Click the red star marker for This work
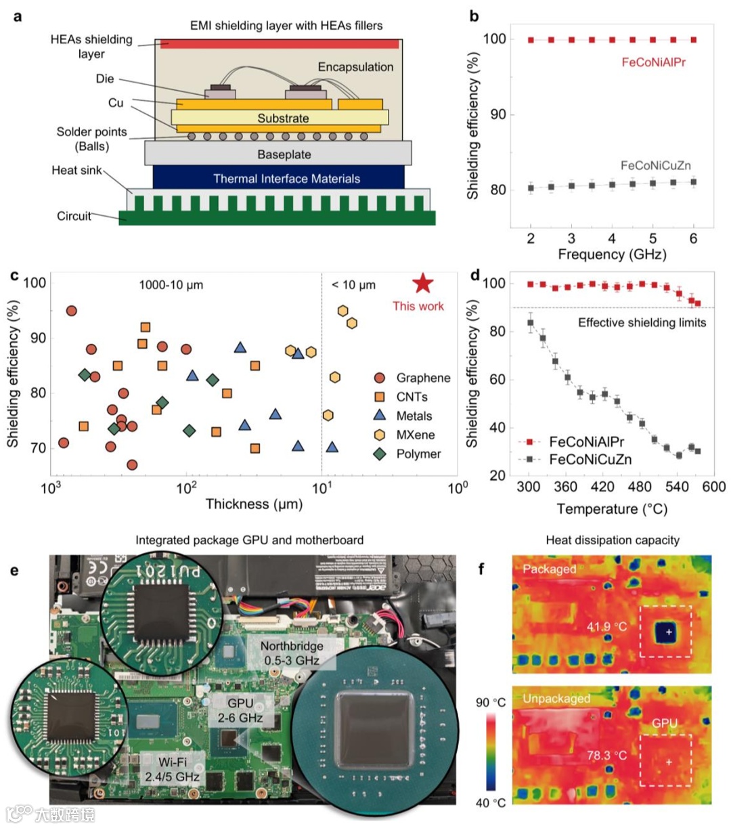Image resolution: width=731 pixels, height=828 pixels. click(423, 284)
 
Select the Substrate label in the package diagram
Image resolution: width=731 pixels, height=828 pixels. click(283, 118)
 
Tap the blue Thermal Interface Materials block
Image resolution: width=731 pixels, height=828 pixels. click(279, 179)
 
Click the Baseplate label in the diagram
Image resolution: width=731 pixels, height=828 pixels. click(284, 154)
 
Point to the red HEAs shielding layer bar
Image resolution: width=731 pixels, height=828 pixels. click(279, 44)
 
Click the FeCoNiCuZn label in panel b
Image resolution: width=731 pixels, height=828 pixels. click(655, 165)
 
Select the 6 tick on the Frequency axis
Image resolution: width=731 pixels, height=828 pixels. click(693, 238)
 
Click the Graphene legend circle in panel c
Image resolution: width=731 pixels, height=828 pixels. click(380, 378)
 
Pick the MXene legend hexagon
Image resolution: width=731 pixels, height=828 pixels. click(380, 435)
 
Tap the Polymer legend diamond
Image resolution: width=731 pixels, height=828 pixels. click(380, 454)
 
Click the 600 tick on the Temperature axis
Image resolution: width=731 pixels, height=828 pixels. click(713, 487)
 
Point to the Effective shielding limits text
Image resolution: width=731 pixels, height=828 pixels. click(642, 322)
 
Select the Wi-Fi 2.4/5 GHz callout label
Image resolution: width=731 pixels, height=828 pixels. click(172, 769)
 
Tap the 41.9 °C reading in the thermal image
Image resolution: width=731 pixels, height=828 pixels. click(606, 627)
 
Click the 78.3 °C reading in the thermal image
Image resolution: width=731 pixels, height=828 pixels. click(606, 755)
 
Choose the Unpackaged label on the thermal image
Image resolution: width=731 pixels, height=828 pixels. click(556, 698)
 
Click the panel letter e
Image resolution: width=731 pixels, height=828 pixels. click(15, 570)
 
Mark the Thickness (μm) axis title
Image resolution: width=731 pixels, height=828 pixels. click(254, 504)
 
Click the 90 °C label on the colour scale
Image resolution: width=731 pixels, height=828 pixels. click(490, 702)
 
